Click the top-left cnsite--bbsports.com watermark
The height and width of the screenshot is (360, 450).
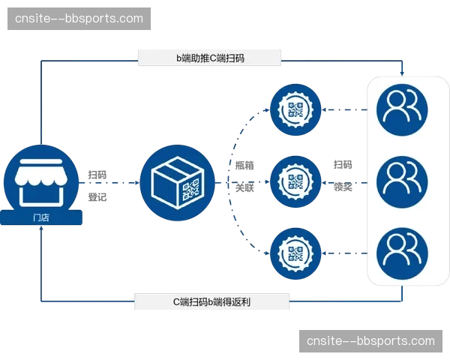pyautogui.click(x=80, y=19)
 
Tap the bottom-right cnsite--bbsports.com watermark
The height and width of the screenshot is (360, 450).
pyautogui.click(x=370, y=341)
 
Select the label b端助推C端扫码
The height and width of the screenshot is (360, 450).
pyautogui.click(x=209, y=57)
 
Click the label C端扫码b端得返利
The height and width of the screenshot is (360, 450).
pyautogui.click(x=211, y=302)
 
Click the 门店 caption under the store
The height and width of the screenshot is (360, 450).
pyautogui.click(x=41, y=217)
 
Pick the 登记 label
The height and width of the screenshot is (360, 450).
pyautogui.click(x=97, y=199)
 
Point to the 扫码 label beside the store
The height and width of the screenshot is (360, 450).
pyautogui.click(x=97, y=175)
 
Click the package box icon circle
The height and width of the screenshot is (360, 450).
pyautogui.click(x=177, y=182)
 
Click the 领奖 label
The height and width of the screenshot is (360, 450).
pyautogui.click(x=343, y=187)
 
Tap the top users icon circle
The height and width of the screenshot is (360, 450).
pyautogui.click(x=402, y=109)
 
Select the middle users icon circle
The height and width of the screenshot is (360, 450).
pyautogui.click(x=402, y=181)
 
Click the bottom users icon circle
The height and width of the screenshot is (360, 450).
pyautogui.click(x=402, y=253)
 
